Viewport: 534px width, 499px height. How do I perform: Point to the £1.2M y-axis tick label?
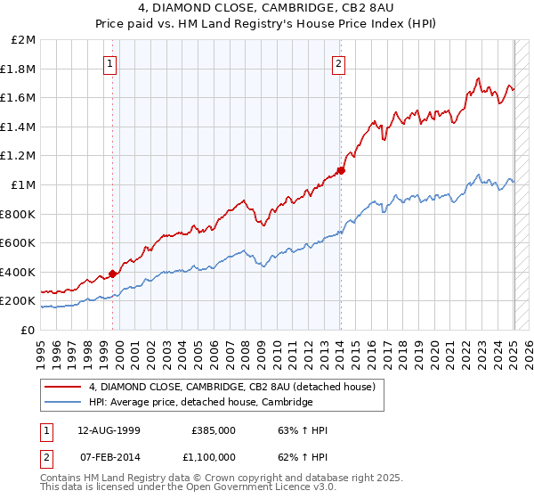tap(19, 156)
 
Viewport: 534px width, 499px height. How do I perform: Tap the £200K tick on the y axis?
tap(19, 301)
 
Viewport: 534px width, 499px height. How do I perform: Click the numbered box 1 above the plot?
tap(109, 63)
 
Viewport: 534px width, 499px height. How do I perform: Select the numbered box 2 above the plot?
tap(339, 63)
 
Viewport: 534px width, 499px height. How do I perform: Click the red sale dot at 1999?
tap(113, 274)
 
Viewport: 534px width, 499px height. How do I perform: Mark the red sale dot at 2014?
tap(341, 170)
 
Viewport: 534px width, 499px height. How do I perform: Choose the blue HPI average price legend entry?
tap(200, 402)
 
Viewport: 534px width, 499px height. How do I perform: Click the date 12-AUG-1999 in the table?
tap(109, 429)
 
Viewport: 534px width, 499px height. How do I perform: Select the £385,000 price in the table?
tap(214, 429)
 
